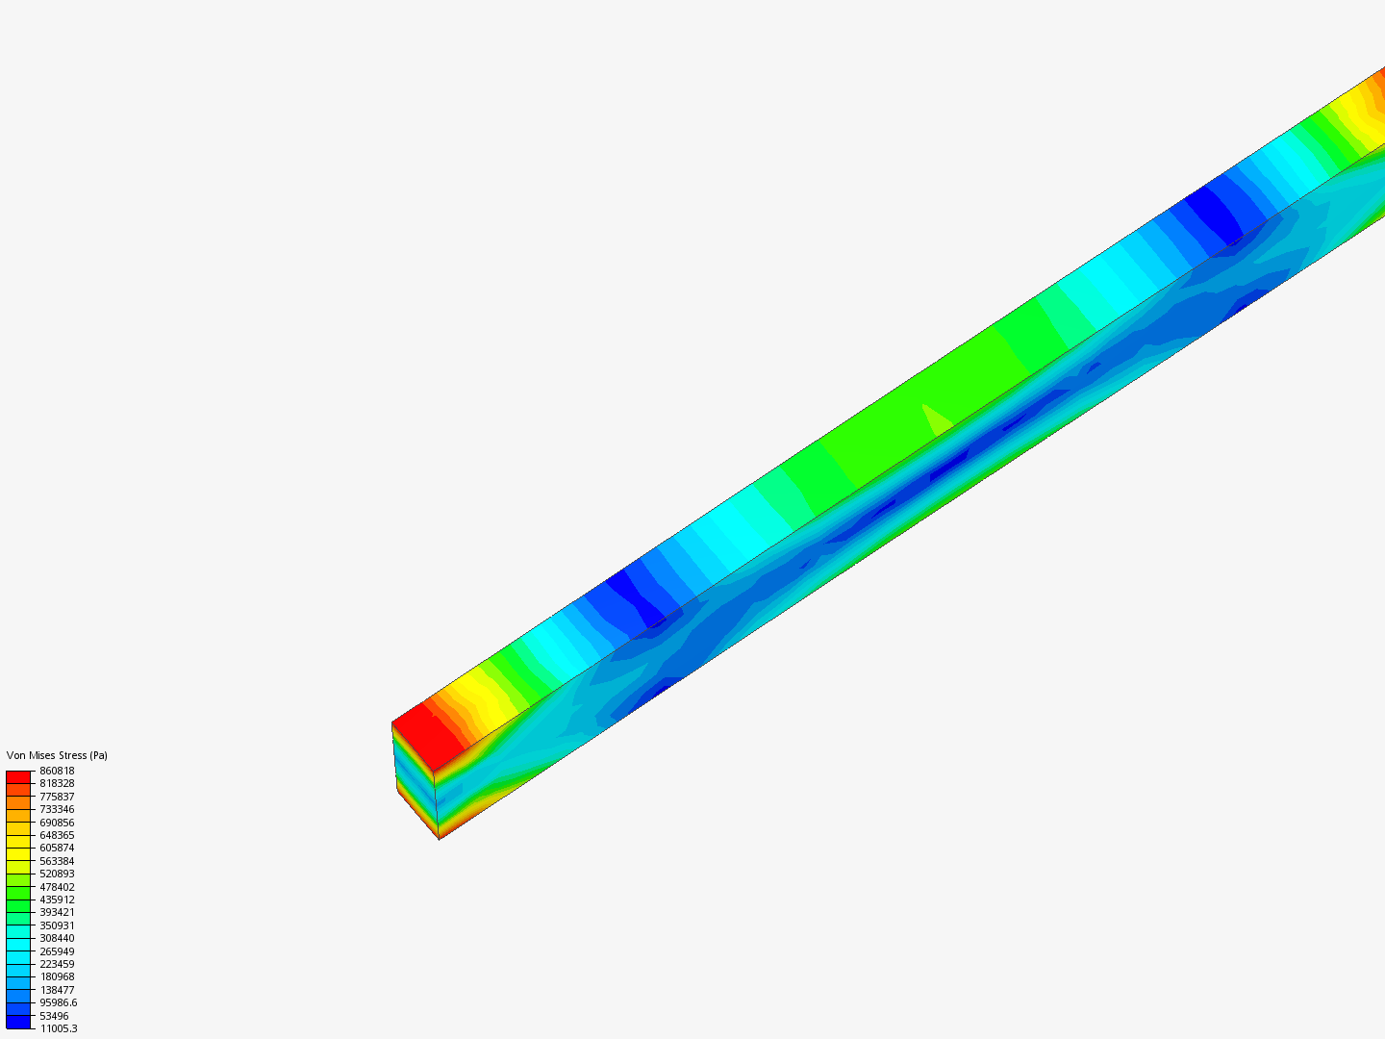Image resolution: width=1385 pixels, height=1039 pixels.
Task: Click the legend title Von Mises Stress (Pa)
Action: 57,755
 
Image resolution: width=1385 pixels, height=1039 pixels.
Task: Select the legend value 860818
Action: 57,771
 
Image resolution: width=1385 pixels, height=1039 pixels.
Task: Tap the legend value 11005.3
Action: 58,1028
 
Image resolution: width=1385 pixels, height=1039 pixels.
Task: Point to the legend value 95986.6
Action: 58,1002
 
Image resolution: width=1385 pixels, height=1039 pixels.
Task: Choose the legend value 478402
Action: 57,887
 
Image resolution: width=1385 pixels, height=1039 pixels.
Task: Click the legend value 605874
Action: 57,848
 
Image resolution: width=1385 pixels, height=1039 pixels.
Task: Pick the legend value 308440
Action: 57,938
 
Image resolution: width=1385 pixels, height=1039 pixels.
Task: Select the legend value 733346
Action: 57,809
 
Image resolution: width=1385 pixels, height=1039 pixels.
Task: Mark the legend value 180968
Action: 57,976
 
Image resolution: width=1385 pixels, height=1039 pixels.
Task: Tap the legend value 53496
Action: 54,1016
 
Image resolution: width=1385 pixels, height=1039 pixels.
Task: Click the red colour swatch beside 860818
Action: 18,776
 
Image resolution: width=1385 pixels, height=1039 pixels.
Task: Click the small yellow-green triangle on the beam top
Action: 936,420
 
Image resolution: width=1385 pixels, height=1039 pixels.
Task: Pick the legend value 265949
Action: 57,951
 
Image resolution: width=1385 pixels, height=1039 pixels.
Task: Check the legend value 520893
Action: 57,874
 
